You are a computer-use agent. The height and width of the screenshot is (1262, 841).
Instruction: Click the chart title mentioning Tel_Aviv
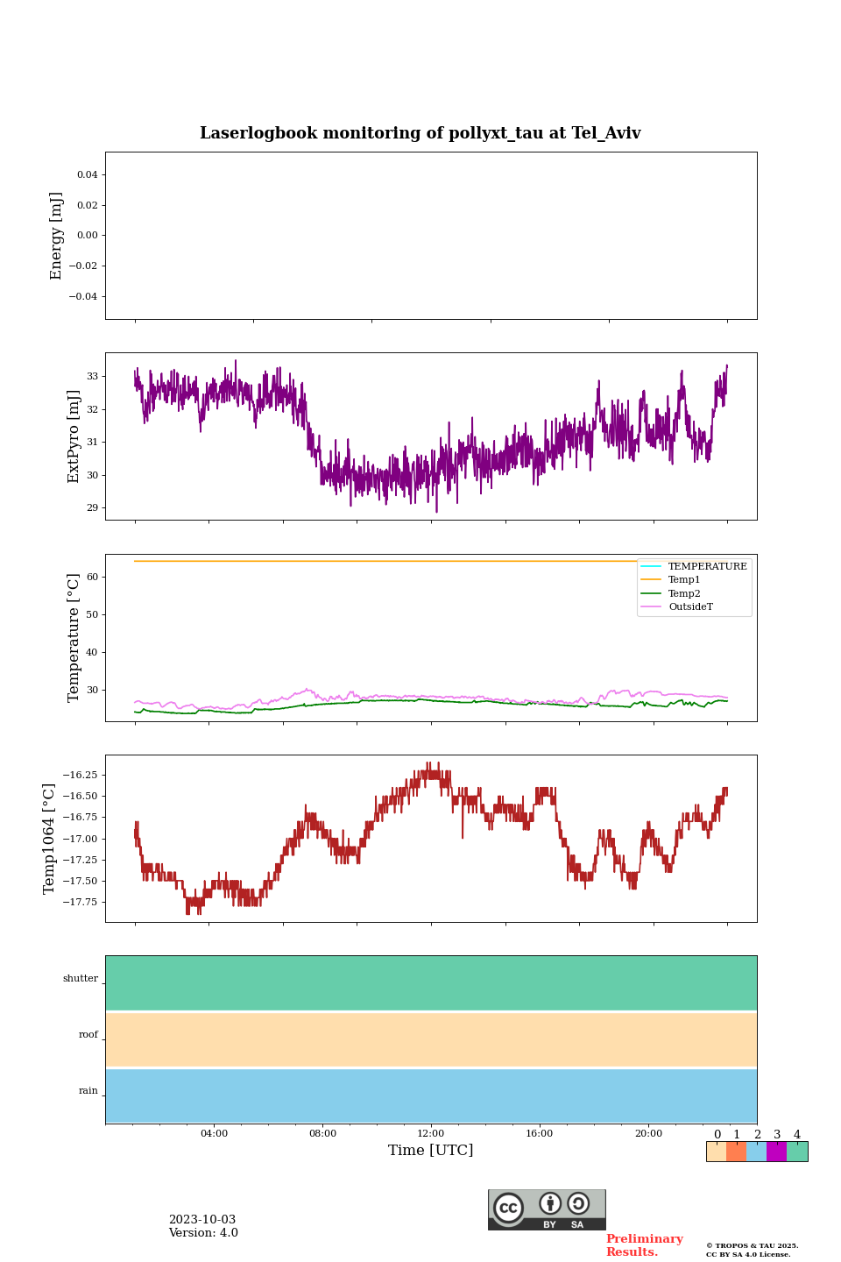coord(420,133)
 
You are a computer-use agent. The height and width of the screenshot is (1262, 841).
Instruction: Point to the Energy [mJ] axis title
coord(57,236)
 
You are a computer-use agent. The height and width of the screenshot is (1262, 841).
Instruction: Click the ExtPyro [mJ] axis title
coord(74,436)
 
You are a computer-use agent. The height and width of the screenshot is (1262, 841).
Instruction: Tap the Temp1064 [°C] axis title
coord(49,839)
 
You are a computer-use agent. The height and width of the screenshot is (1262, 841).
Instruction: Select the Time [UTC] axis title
coord(430,1150)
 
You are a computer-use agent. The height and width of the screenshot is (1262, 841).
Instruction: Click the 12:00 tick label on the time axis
coord(430,1133)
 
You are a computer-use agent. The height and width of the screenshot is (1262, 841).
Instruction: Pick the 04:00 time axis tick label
coord(214,1133)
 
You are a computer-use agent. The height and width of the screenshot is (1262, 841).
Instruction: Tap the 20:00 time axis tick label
coord(648,1133)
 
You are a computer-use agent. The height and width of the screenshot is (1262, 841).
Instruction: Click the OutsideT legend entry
coord(690,607)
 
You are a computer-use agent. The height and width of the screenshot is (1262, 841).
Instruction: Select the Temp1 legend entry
coord(684,580)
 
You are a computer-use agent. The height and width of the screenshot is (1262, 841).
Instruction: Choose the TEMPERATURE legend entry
coord(707,567)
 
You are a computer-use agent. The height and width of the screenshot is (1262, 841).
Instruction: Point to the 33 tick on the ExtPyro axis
coord(92,376)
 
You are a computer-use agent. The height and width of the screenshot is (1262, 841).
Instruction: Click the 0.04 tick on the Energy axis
coord(87,175)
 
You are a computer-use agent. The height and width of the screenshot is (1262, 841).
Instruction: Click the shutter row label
coord(81,979)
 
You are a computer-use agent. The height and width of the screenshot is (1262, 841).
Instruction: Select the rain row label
coord(88,1091)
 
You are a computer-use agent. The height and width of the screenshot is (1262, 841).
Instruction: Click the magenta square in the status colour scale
coord(776,1152)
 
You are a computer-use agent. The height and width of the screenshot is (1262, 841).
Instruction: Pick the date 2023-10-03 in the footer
coord(202,1220)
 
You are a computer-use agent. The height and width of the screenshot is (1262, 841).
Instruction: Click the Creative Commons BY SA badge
coord(547,1209)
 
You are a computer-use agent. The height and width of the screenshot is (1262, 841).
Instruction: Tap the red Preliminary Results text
coord(644,1245)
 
